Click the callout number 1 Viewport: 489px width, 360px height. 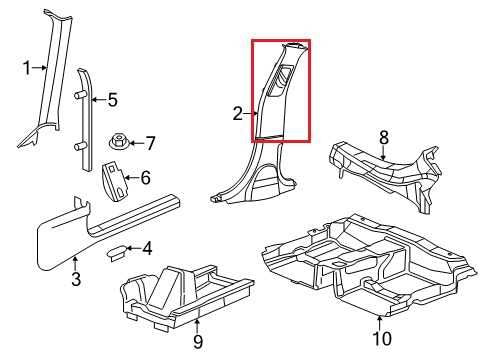[27, 68]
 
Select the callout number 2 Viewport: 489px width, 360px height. [238, 114]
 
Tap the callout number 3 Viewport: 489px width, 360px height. [76, 279]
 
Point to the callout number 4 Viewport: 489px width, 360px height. [147, 248]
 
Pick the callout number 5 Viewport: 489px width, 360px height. [113, 100]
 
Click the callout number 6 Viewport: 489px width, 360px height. [145, 178]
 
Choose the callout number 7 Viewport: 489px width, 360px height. [151, 143]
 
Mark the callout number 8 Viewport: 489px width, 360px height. [384, 137]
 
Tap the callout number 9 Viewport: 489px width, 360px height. [198, 342]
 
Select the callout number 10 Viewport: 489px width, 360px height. [382, 339]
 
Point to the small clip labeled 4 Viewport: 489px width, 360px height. [116, 252]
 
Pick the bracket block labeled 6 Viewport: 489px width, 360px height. [114, 181]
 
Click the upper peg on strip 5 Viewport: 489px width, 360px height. [80, 95]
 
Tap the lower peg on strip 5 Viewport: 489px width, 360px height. [80, 146]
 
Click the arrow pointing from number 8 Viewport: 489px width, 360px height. [384, 152]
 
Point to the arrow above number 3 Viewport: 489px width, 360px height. [76, 264]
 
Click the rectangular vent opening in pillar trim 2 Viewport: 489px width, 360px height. [280, 82]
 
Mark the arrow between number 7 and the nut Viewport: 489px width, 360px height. [136, 143]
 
